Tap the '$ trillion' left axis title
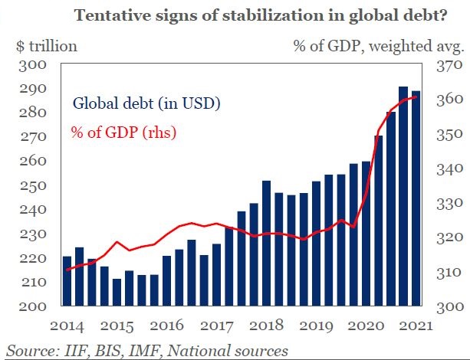46,46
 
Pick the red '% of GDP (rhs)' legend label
124,132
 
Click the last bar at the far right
415,199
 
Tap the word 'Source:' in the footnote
31,351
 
